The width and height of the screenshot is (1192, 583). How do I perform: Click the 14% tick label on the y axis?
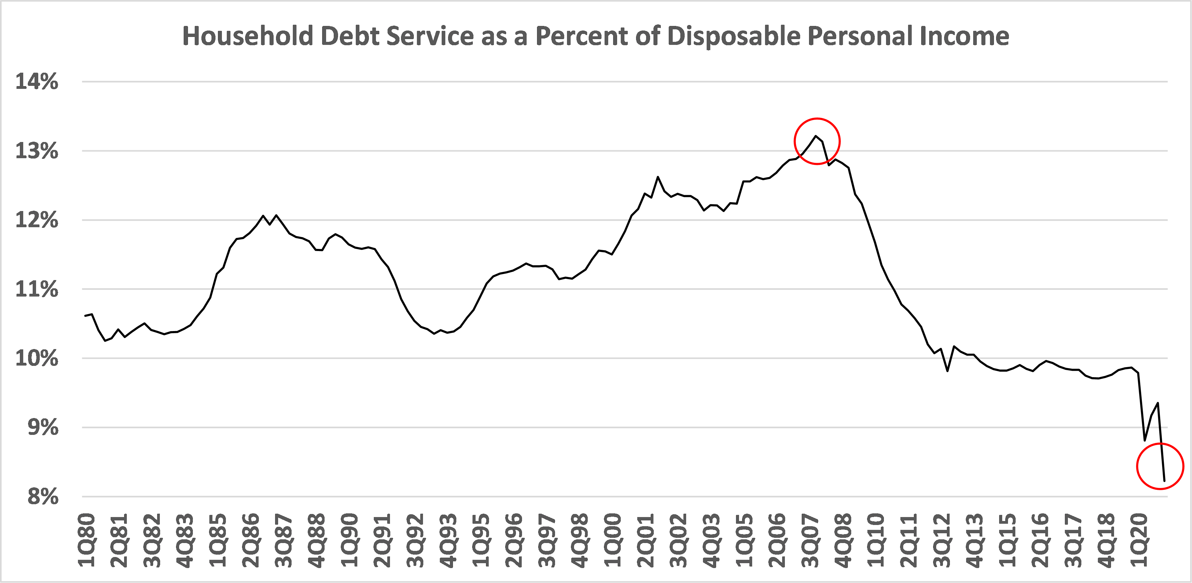tap(37, 82)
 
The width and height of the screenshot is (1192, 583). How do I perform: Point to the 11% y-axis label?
tap(37, 290)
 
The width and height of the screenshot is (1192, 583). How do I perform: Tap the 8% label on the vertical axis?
tap(42, 497)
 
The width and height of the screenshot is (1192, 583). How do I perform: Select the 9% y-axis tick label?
tap(42, 428)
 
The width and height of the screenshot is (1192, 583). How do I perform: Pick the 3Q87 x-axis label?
tap(284, 540)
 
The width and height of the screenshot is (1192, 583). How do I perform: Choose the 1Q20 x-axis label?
tap(1140, 540)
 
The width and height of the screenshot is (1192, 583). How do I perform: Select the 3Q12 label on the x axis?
tap(942, 540)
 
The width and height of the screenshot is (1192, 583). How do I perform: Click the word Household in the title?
tap(248, 36)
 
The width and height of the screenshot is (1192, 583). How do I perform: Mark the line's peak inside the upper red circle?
tap(815, 136)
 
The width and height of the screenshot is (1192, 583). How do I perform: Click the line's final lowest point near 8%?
tap(1164, 481)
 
